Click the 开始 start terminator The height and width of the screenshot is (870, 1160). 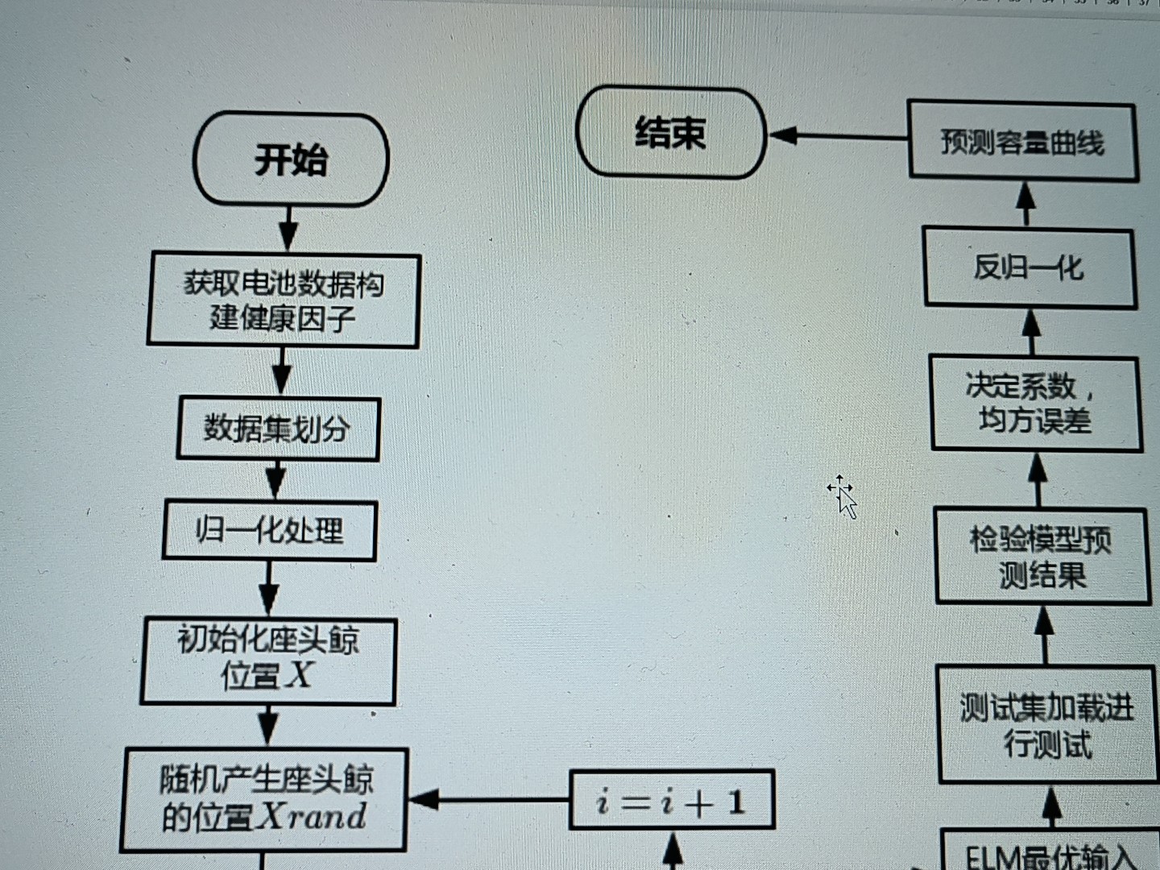[291, 159]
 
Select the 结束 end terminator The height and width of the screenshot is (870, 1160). [670, 133]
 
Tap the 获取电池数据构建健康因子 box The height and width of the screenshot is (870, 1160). [284, 300]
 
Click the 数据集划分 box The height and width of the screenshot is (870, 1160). [278, 429]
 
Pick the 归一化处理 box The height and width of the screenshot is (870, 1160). [270, 530]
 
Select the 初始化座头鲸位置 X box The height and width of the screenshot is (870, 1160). [268, 660]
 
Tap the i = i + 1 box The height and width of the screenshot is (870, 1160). [671, 800]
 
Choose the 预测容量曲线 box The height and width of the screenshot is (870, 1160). [1022, 142]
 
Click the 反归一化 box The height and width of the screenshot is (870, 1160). [1029, 267]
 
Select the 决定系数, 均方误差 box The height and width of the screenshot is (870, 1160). [1035, 403]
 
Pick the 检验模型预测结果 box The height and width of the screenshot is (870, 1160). [1042, 556]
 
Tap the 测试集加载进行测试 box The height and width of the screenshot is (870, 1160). [1047, 723]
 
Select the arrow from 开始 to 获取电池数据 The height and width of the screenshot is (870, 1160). [288, 229]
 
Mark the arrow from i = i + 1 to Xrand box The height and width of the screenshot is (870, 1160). [488, 799]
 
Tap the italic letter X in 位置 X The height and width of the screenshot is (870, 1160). [299, 674]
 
